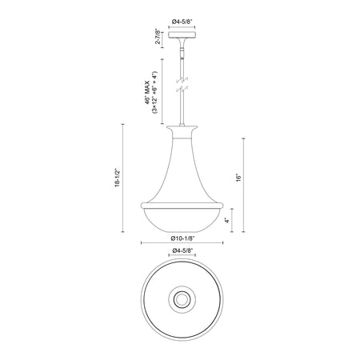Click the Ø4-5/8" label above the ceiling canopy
point(182,22)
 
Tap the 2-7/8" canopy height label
point(158,38)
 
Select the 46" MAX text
point(147,92)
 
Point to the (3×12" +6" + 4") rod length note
point(155,92)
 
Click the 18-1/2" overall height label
point(118,178)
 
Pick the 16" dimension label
point(238,178)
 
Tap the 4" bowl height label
point(227,221)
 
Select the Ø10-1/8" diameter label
point(182,238)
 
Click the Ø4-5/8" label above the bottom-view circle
point(182,250)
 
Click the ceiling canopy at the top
point(182,34)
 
